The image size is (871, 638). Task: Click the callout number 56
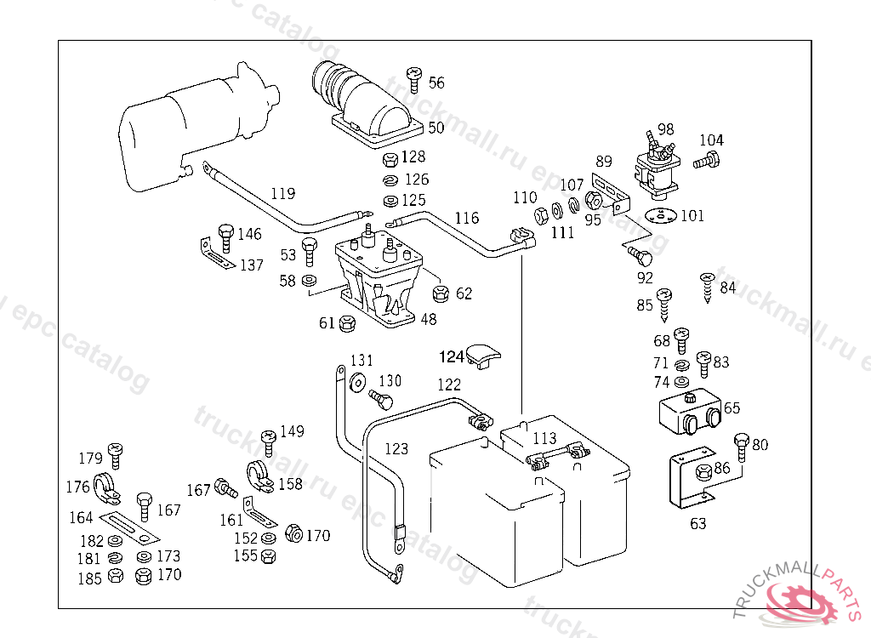[436, 83]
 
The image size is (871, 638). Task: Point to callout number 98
[665, 129]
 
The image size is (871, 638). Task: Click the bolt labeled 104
[707, 159]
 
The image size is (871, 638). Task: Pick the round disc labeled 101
[659, 215]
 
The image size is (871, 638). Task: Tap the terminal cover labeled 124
[487, 355]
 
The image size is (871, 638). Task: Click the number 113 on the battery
[544, 438]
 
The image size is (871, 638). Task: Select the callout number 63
[697, 523]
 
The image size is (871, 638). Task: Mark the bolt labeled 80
[741, 447]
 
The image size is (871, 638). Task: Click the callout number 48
[428, 320]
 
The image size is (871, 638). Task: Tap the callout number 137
[251, 265]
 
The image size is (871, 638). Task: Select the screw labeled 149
[270, 441]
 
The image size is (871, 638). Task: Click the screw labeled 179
[116, 456]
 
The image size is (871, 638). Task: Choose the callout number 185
[90, 578]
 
